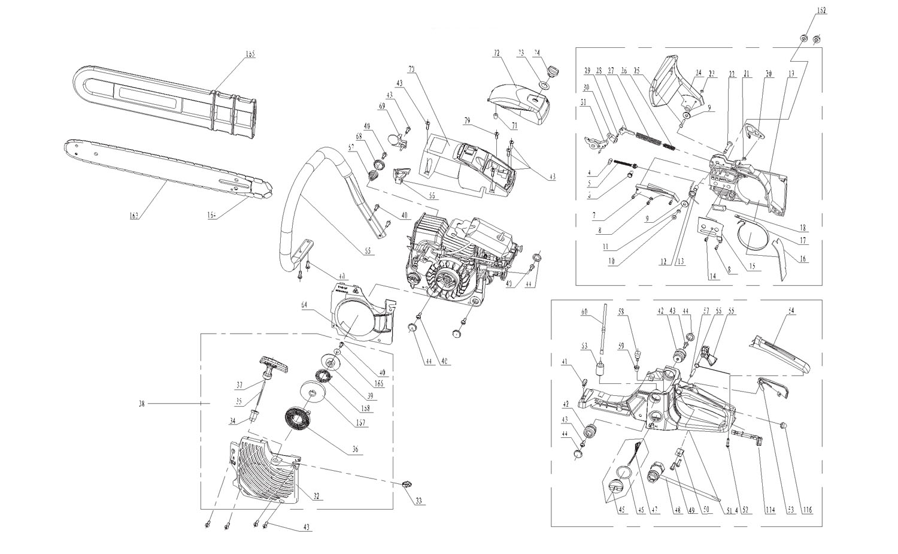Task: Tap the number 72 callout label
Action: [x=496, y=53]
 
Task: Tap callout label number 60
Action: [x=585, y=311]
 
